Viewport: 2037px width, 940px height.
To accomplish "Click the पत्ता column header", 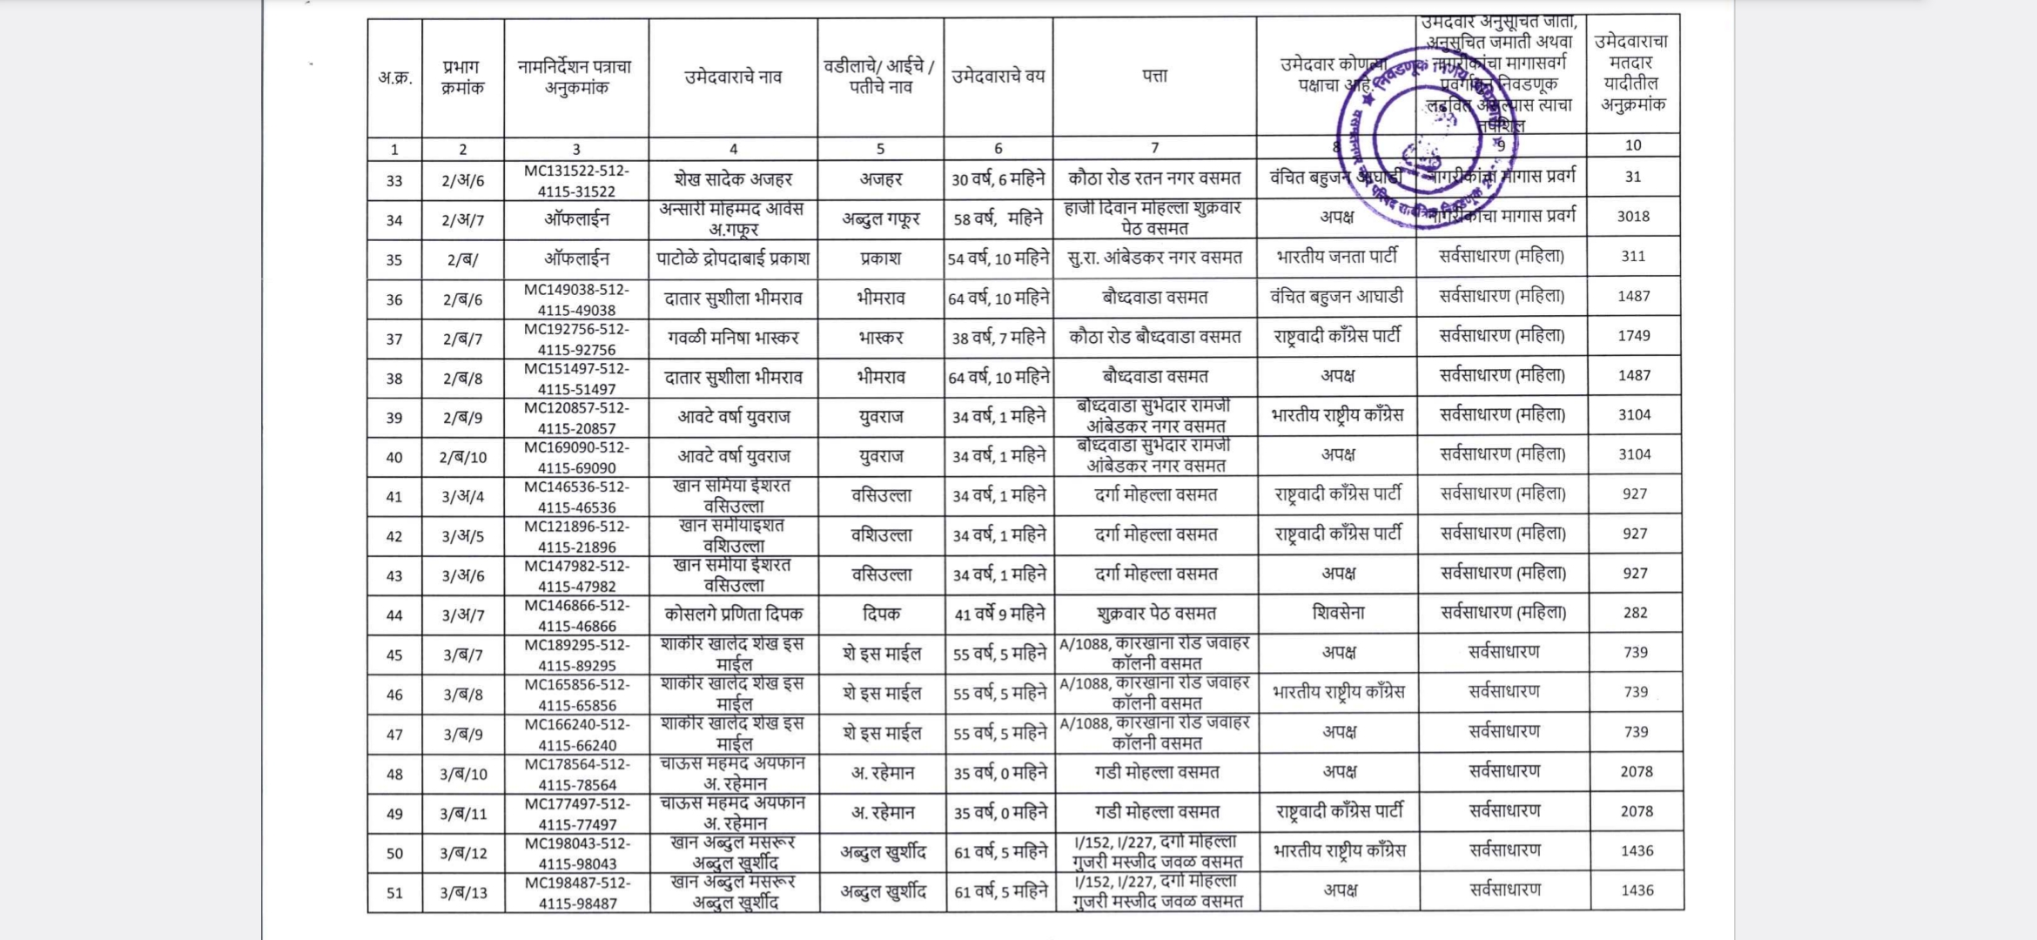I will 1154,77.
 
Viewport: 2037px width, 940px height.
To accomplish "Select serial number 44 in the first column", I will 394,615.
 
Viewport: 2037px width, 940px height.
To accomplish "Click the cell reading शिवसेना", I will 1338,613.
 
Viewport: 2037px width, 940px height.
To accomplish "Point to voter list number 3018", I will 1633,217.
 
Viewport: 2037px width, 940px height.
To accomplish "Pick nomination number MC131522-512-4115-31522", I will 576,180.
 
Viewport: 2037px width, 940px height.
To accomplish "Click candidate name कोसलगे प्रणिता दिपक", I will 733,614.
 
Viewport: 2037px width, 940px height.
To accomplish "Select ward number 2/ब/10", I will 463,457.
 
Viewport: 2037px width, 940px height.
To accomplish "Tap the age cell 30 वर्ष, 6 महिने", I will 998,179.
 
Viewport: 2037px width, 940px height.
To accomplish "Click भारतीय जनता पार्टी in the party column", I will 1337,257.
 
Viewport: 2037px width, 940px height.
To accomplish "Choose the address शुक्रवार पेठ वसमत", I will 1155,614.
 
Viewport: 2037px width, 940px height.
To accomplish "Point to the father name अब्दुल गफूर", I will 881,219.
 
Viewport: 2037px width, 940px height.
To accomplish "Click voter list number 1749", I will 1634,336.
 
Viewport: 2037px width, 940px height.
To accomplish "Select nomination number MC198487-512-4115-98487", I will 577,893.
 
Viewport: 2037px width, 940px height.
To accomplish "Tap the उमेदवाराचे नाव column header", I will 733,77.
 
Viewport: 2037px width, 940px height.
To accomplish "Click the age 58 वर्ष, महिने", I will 998,219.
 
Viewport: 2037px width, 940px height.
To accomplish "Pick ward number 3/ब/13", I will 463,893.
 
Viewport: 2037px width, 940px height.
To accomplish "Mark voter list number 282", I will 1635,613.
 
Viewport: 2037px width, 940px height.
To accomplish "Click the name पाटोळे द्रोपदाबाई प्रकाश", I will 733,258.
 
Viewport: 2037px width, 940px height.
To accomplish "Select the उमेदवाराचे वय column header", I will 998,77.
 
